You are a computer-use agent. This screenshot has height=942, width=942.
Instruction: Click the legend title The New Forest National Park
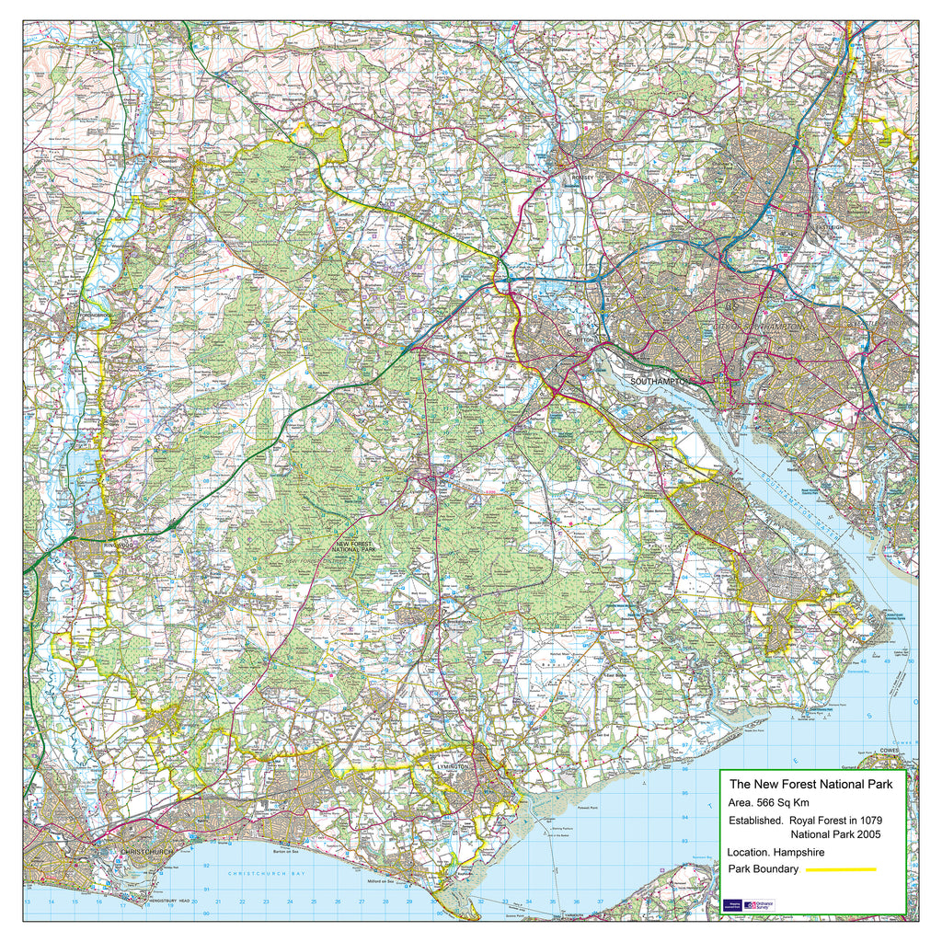(810, 785)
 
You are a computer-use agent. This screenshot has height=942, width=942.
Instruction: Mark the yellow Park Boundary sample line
(840, 869)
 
